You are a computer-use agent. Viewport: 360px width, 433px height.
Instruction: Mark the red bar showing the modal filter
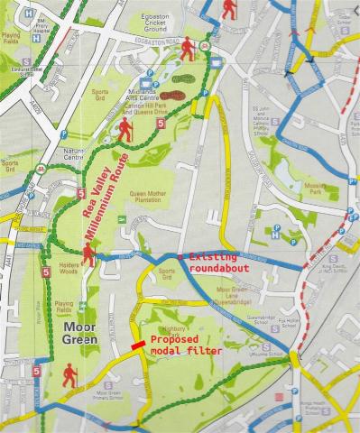tap(137, 345)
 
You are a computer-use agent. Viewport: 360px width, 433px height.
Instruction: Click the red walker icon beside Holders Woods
tap(88, 255)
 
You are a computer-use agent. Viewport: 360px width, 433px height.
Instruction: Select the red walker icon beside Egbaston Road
tap(188, 50)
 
